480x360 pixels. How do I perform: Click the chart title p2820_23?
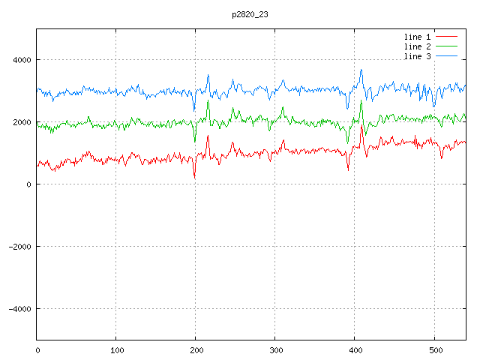pyautogui.click(x=249, y=14)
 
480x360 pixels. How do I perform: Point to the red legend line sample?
pyautogui.click(x=447, y=36)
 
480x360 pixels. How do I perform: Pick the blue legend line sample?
pyautogui.click(x=447, y=57)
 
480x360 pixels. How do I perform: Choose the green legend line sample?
pyautogui.click(x=447, y=46)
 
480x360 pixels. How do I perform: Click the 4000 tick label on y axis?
pyautogui.click(x=21, y=60)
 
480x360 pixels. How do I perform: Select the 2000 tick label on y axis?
pyautogui.click(x=21, y=122)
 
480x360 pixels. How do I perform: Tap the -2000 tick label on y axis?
pyautogui.click(x=19, y=247)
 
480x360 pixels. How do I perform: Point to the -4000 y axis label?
pyautogui.click(x=19, y=309)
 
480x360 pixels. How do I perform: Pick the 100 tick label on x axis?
pyautogui.click(x=116, y=349)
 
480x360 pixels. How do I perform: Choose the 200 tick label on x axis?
pyautogui.click(x=196, y=349)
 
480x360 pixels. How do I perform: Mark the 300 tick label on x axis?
pyautogui.click(x=275, y=349)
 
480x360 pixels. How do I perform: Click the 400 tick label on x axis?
pyautogui.click(x=355, y=349)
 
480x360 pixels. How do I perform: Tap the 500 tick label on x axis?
pyautogui.click(x=434, y=349)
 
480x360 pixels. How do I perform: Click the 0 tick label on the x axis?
pyautogui.click(x=37, y=349)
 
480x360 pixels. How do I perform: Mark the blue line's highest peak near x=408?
pyautogui.click(x=361, y=70)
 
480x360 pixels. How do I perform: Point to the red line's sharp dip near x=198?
pyautogui.click(x=194, y=178)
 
